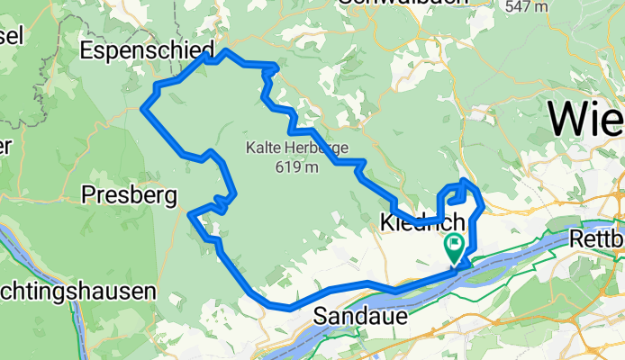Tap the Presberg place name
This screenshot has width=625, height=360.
tap(129, 193)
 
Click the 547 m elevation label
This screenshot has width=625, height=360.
tap(527, 6)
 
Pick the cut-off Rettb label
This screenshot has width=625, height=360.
tap(597, 240)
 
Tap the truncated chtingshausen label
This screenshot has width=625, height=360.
tap(77, 292)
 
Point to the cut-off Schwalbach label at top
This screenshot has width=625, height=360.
tap(403, 3)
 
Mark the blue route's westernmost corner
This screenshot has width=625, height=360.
tap(143, 109)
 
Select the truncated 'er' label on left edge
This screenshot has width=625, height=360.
tap(6, 145)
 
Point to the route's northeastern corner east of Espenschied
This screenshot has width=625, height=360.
tap(276, 67)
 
